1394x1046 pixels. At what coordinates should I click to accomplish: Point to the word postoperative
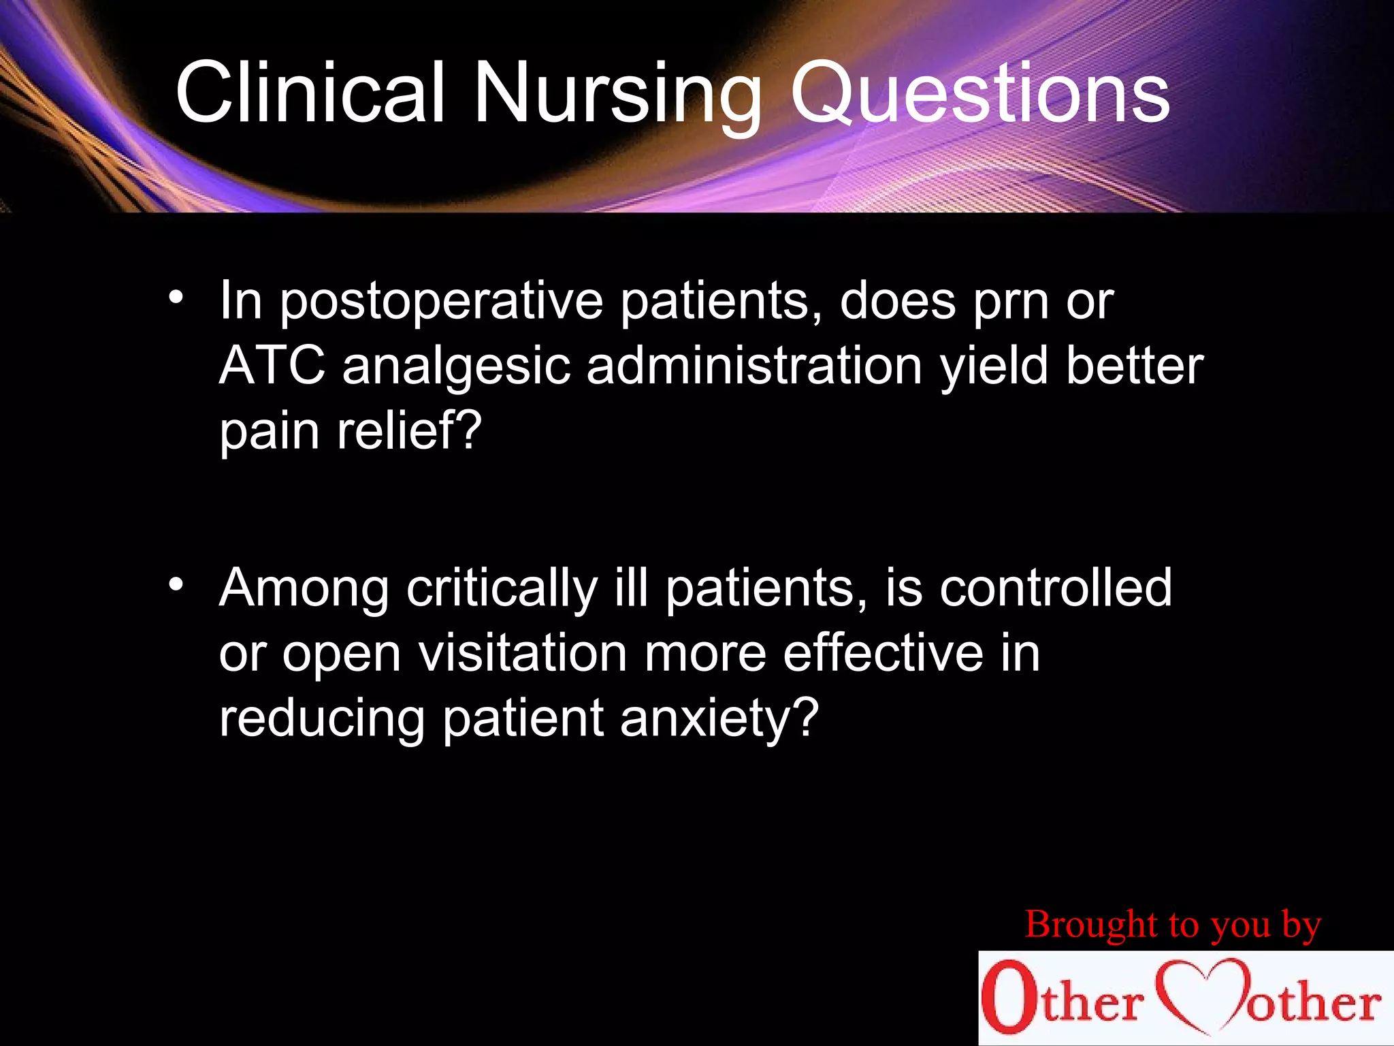click(441, 302)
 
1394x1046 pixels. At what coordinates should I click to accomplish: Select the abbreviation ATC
click(272, 366)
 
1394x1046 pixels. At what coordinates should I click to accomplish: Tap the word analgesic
click(456, 368)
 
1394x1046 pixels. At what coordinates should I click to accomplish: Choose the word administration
click(754, 366)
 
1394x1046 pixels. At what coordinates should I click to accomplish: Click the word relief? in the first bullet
click(409, 430)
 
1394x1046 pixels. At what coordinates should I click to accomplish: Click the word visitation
click(522, 652)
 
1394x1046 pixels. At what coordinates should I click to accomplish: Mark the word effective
click(883, 652)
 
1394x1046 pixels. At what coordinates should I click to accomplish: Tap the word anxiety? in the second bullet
click(718, 719)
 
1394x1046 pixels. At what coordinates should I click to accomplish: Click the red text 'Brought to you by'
click(1172, 925)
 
